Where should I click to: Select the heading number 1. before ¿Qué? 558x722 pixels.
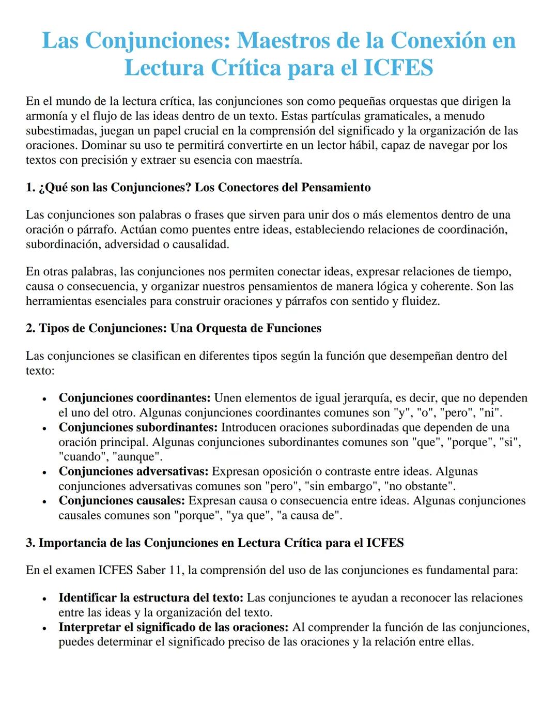pyautogui.click(x=30, y=188)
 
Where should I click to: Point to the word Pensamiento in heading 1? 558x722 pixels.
pyautogui.click(x=336, y=188)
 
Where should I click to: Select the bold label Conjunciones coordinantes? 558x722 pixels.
pyautogui.click(x=134, y=398)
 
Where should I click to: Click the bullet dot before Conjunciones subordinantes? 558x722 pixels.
pyautogui.click(x=45, y=428)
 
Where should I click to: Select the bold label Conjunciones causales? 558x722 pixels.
pyautogui.click(x=121, y=501)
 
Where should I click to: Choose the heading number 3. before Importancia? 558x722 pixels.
pyautogui.click(x=30, y=543)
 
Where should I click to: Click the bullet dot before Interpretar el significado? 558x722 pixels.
pyautogui.click(x=45, y=628)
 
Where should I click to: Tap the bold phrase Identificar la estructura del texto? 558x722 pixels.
pyautogui.click(x=151, y=598)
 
